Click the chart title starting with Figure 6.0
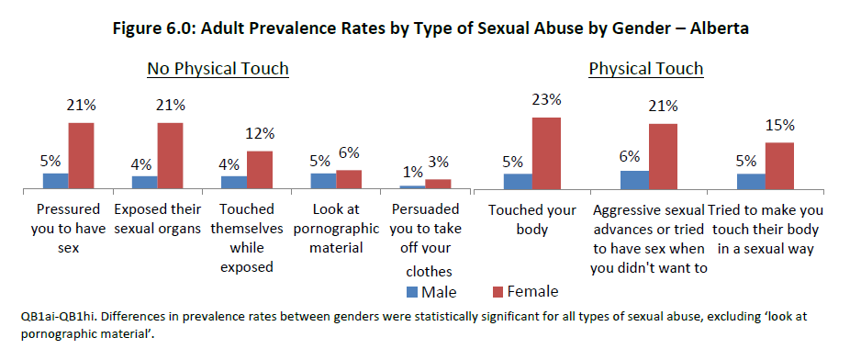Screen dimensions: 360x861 430,28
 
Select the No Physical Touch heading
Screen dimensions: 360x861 218,69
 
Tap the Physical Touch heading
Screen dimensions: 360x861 645,69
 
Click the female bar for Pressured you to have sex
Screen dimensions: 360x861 80,156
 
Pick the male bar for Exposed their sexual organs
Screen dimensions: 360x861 144,182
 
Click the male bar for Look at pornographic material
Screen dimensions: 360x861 323,181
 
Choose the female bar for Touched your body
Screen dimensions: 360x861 547,153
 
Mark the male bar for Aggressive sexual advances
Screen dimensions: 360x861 634,180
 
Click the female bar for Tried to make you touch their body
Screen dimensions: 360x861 779,165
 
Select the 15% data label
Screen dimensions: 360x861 779,125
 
